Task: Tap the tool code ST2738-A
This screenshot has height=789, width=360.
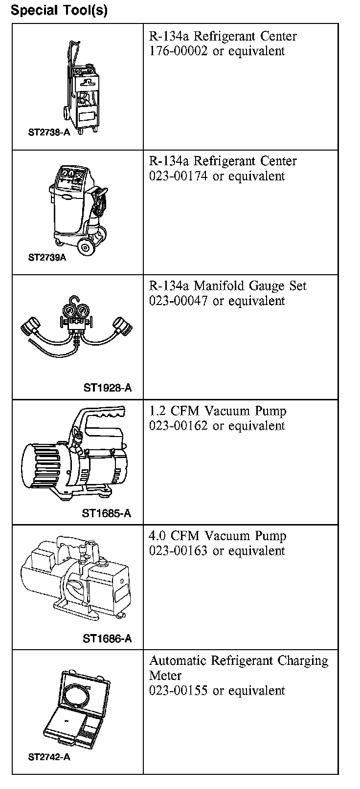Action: click(49, 132)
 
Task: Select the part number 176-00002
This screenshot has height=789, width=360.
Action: click(179, 51)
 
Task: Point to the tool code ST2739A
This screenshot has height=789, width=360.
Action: click(47, 258)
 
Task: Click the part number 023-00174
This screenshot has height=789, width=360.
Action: click(179, 176)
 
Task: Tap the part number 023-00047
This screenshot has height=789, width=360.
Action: click(179, 301)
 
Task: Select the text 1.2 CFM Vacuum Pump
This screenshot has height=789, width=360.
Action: click(218, 411)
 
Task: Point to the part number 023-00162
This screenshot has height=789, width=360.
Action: click(179, 426)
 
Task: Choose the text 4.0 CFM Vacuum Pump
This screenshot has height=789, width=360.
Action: click(218, 536)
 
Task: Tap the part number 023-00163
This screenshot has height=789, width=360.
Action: click(179, 551)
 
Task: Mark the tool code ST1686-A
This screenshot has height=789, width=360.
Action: click(107, 638)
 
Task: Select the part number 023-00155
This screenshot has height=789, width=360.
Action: click(179, 691)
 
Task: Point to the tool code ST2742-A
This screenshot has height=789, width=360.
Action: click(49, 757)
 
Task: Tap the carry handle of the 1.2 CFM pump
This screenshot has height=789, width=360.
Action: click(100, 416)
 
